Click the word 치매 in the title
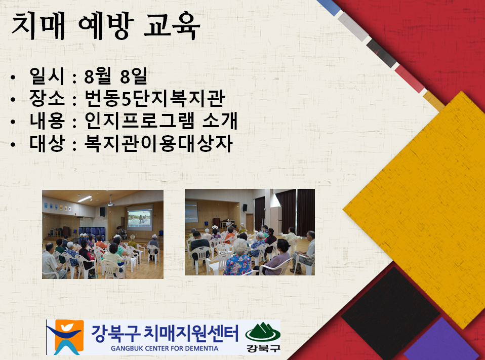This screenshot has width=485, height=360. [x=38, y=26]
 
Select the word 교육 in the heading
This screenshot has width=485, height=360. [x=172, y=26]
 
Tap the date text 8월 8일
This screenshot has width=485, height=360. [x=115, y=76]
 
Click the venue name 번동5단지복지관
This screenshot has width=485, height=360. [x=154, y=99]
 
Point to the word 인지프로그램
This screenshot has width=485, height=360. [x=140, y=121]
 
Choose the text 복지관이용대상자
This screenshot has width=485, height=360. [x=158, y=143]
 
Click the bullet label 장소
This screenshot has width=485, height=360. [x=47, y=99]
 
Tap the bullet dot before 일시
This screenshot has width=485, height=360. [x=13, y=77]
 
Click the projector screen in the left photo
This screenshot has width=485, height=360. [x=140, y=218]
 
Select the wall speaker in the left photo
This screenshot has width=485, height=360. [x=102, y=212]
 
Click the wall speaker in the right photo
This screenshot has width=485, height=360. [x=245, y=208]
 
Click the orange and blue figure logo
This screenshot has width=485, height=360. [x=66, y=337]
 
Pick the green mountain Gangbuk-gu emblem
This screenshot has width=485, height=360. [x=263, y=337]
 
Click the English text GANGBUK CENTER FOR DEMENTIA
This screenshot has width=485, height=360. [x=165, y=348]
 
